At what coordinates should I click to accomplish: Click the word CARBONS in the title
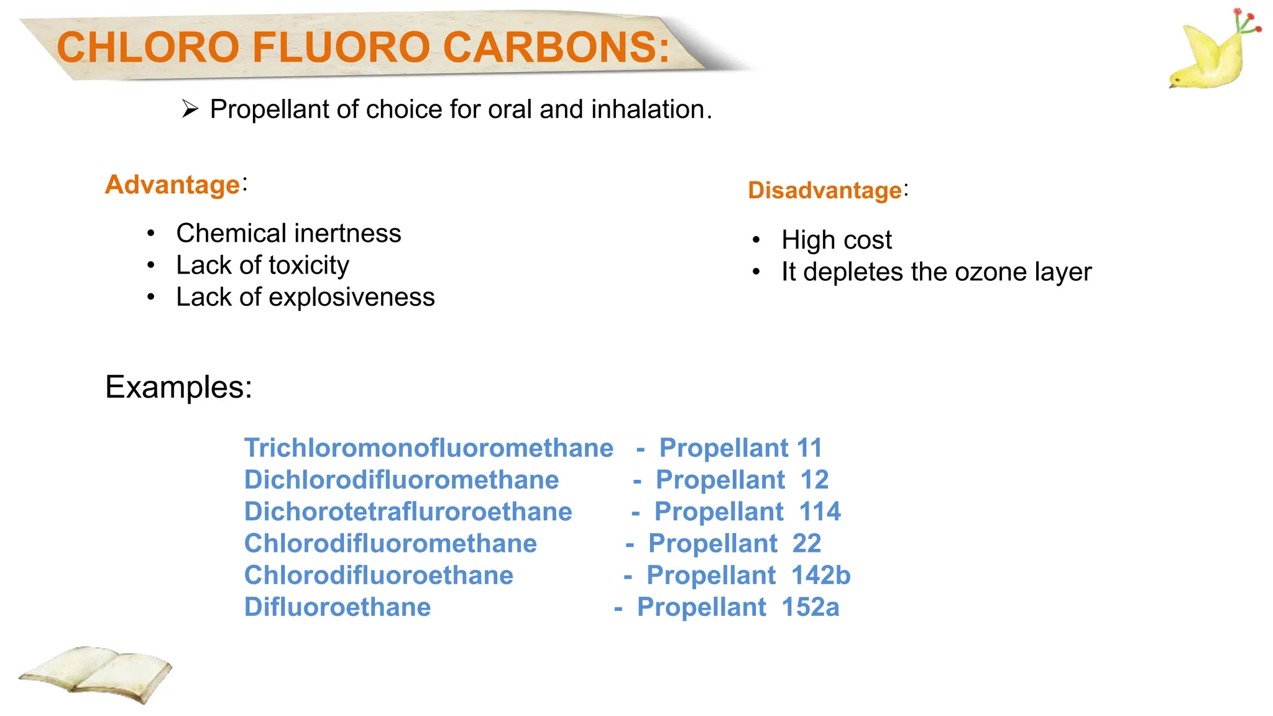tap(556, 47)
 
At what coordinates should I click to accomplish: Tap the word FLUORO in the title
tap(341, 47)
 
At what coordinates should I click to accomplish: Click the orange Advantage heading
tap(173, 185)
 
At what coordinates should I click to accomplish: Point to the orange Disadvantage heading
tap(824, 190)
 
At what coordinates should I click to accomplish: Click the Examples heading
tap(178, 387)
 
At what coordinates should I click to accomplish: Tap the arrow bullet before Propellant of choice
tap(190, 109)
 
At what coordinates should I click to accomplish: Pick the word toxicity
tap(309, 265)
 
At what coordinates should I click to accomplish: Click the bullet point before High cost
tap(756, 241)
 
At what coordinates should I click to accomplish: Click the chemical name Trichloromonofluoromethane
tap(428, 448)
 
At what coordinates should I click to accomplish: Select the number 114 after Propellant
tap(819, 512)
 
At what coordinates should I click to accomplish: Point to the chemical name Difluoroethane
tap(337, 607)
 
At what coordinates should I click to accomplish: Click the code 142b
tap(820, 576)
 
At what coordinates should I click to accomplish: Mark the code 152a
tap(810, 607)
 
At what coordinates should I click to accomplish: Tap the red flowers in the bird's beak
tap(1246, 22)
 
